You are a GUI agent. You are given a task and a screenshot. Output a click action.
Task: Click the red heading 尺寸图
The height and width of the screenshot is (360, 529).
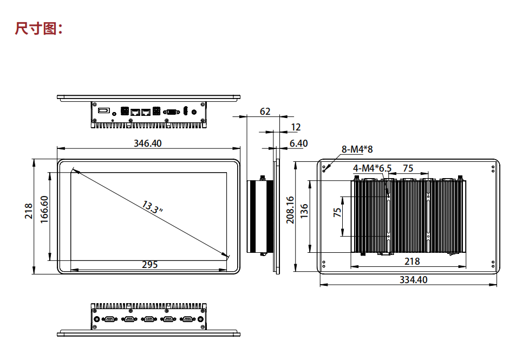[36, 28]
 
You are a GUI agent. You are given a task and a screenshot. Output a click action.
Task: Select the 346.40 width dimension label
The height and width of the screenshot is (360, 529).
[148, 143]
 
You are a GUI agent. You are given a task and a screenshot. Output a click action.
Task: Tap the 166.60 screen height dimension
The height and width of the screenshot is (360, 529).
[44, 210]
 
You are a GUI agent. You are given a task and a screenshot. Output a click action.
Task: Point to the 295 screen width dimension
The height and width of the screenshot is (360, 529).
[149, 265]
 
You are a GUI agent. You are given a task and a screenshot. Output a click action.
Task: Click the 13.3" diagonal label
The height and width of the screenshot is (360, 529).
[153, 207]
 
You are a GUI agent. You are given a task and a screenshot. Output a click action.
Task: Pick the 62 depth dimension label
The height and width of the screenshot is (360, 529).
[265, 112]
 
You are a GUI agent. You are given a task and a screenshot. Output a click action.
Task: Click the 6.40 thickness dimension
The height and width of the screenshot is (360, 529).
[298, 143]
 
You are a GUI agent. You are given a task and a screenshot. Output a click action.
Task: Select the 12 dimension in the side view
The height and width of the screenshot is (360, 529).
[296, 127]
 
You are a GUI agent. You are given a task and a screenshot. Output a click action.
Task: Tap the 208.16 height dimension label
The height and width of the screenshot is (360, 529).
[290, 210]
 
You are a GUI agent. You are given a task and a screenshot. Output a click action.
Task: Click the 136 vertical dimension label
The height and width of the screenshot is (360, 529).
[304, 211]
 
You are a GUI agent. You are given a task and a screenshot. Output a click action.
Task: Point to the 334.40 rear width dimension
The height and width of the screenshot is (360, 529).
[413, 280]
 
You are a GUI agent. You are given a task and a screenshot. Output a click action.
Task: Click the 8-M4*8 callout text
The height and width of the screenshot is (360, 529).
[357, 149]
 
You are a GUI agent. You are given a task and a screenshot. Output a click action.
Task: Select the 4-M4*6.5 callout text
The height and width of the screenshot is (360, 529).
[372, 168]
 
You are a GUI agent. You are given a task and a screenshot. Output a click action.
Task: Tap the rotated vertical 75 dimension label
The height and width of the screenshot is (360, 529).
[337, 212]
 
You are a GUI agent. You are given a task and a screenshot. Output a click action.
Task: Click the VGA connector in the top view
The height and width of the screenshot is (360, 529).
[172, 112]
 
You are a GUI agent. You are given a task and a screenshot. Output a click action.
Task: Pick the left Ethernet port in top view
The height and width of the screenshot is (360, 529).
[135, 112]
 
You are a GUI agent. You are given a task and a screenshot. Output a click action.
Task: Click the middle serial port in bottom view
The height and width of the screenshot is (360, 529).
[148, 319]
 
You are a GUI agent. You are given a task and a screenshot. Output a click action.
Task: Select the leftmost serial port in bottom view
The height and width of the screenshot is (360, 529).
[110, 319]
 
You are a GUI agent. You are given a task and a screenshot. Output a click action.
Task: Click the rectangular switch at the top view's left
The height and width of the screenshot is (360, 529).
[103, 111]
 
